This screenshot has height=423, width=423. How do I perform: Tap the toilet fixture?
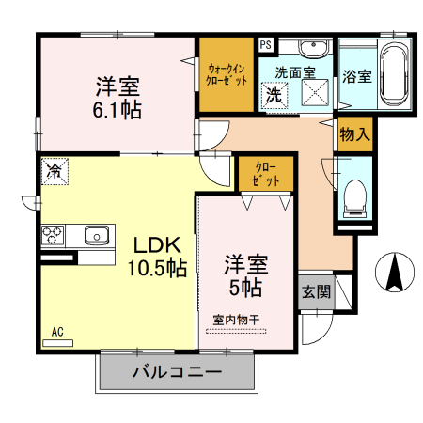(x=355, y=194)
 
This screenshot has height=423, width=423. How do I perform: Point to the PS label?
(x=266, y=43)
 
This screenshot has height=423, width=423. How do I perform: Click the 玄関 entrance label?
(x=315, y=291)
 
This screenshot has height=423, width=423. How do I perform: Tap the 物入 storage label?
(x=353, y=134)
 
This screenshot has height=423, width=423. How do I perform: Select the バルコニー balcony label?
(x=177, y=372)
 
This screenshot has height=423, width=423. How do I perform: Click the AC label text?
(x=57, y=332)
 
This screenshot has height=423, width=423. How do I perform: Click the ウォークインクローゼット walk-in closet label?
(x=227, y=74)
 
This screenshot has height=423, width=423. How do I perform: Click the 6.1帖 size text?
(x=117, y=109)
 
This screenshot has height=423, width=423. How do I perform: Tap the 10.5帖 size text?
(x=157, y=266)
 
